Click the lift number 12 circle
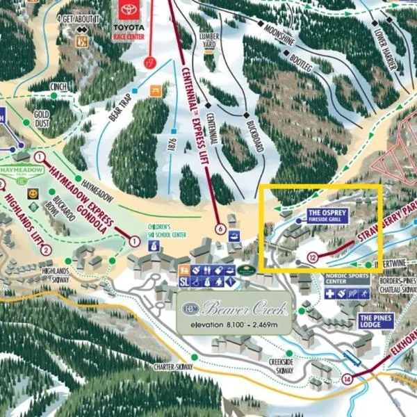click(313, 258)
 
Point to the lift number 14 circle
click(347, 379)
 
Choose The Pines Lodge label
click(375, 320)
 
